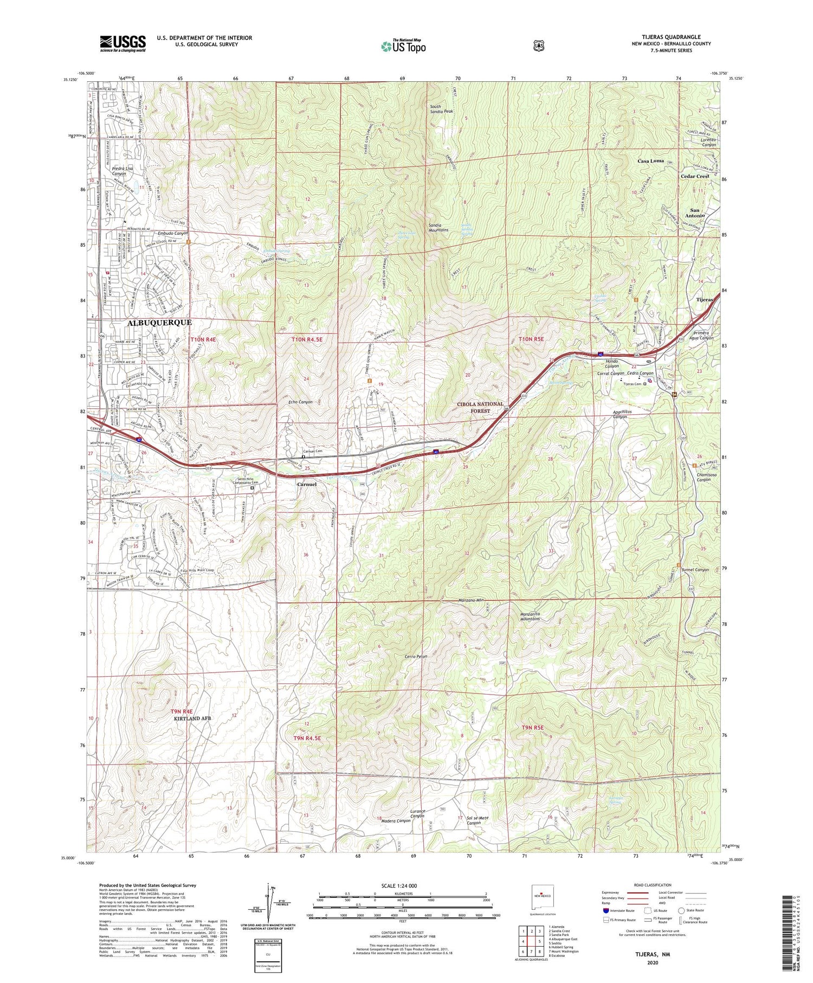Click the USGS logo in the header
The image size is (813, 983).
tap(122, 43)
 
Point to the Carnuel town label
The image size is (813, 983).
tap(306, 484)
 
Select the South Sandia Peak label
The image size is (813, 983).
tap(441, 109)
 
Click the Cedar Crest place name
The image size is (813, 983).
tap(695, 176)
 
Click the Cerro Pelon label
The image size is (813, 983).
tap(416, 657)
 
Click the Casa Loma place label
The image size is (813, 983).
tap(650, 161)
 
